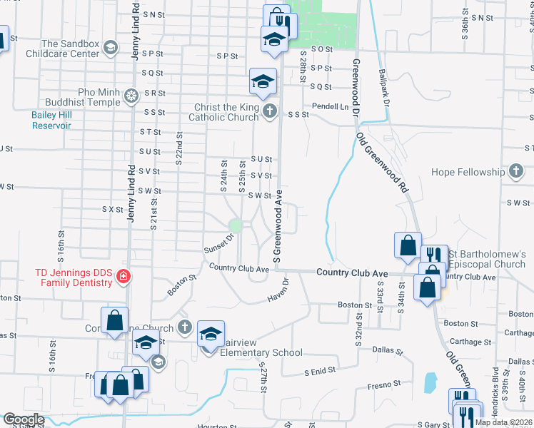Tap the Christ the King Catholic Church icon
pos(269,111)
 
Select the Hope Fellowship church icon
pos(517,172)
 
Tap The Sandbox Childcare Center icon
pos(111,48)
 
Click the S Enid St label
pos(319,372)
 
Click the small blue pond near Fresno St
pos(430,383)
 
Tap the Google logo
pos(24,419)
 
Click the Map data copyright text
pos(503,422)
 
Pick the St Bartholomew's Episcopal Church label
pos(488,259)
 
